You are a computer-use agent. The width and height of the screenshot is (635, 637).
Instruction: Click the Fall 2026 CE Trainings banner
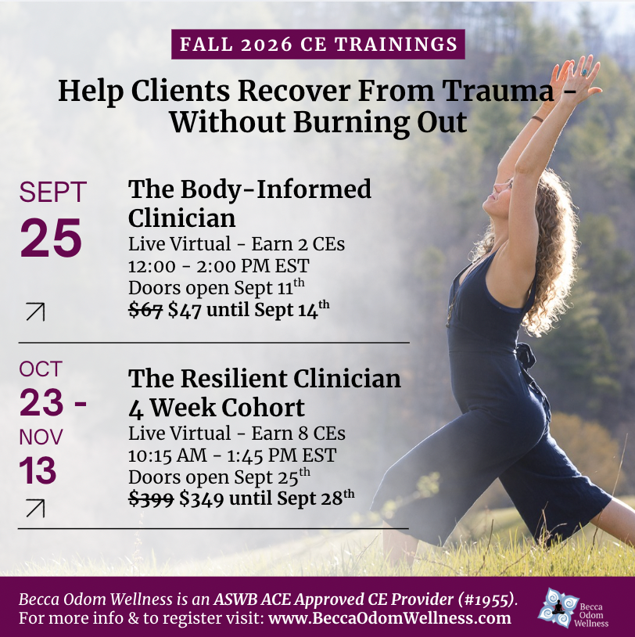coord(318,45)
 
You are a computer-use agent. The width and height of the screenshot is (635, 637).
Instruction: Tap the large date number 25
coord(51,238)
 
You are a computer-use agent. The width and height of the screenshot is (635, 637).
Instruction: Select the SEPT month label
coord(52,192)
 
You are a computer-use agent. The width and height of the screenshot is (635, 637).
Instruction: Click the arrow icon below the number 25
coord(35,312)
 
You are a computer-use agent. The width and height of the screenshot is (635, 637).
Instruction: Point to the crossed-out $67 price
coord(145,311)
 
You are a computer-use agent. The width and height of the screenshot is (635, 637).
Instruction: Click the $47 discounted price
coord(185,311)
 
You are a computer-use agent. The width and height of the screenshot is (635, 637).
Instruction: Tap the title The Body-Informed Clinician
coord(249,203)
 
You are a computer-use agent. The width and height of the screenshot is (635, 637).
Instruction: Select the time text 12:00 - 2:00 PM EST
coord(219,267)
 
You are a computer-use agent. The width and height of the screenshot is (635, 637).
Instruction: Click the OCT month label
coord(41,369)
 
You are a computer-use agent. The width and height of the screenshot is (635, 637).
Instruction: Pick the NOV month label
coord(41,437)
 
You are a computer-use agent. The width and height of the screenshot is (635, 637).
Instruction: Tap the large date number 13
coord(38,470)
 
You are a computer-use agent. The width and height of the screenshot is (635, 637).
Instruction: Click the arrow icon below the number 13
coord(35,509)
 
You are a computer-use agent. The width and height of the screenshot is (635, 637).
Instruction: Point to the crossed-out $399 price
coord(151,498)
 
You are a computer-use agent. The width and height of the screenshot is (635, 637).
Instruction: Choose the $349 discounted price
coord(202,498)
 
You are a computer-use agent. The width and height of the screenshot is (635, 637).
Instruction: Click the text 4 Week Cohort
coord(217,408)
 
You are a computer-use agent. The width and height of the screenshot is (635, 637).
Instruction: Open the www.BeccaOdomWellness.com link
coord(389,618)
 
